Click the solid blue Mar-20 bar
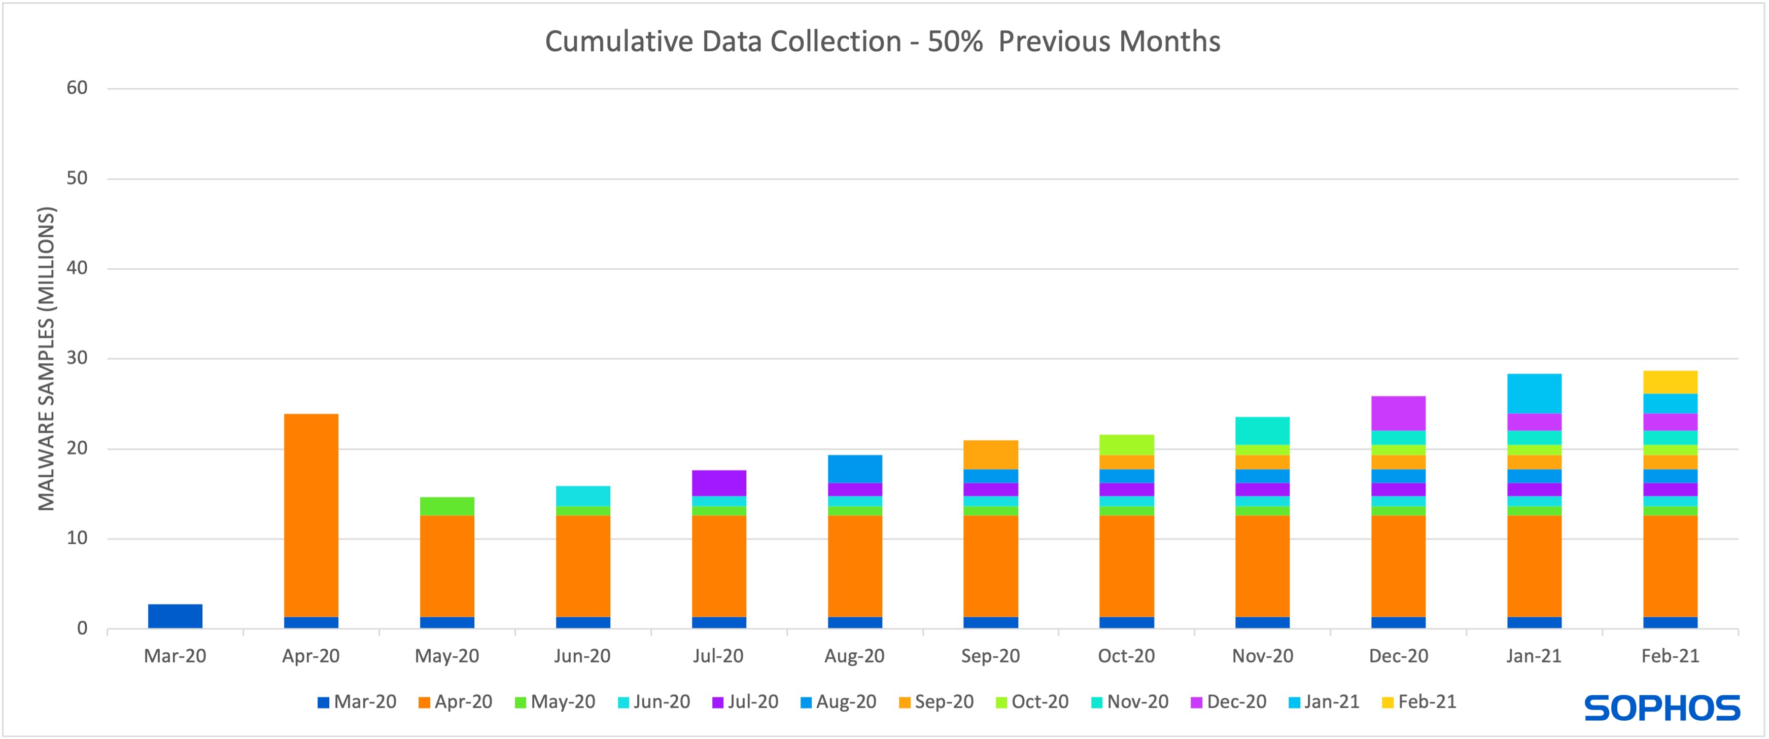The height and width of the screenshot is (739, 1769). [x=175, y=616]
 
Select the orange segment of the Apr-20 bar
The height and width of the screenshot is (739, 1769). [x=310, y=515]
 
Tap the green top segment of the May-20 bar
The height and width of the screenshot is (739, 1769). [x=447, y=506]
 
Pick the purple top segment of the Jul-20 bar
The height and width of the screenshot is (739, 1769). [x=719, y=483]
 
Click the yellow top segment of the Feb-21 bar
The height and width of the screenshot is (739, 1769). [x=1670, y=382]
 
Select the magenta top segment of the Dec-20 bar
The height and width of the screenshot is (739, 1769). [x=1398, y=413]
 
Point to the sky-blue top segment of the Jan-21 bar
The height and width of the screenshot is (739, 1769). [x=1534, y=393]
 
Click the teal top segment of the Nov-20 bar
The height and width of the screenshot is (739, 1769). [x=1262, y=431]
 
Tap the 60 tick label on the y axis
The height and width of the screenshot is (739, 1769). [x=77, y=88]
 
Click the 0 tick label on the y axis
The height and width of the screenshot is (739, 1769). [x=82, y=628]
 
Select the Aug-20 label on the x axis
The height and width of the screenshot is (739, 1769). [x=854, y=656]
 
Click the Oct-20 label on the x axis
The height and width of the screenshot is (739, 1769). [x=1126, y=656]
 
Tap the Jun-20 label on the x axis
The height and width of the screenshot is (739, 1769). [x=582, y=656]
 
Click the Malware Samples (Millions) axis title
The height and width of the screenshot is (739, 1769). [x=46, y=359]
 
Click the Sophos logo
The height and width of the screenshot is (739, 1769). [x=1662, y=708]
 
